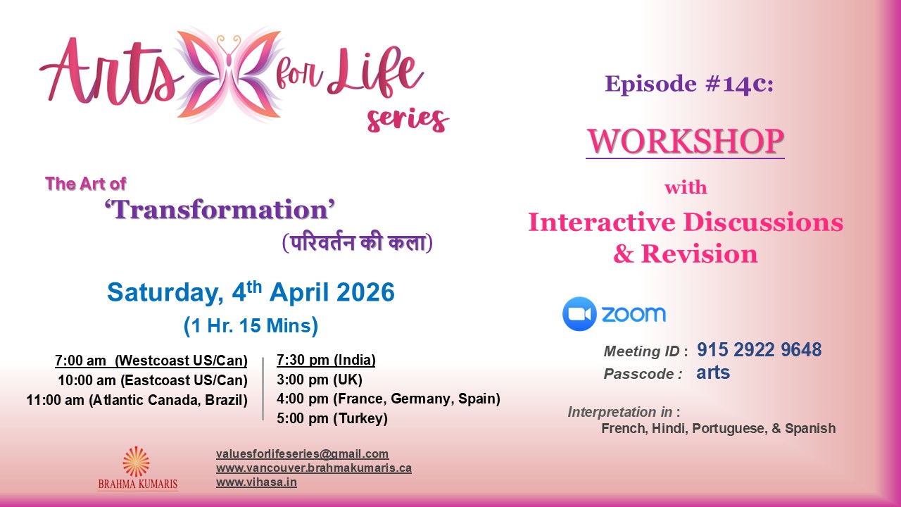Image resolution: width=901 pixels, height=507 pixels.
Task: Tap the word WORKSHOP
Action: tap(685, 141)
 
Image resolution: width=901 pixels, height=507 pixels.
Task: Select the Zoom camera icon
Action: tap(579, 314)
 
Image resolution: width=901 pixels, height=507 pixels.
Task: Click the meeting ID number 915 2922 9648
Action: tap(759, 350)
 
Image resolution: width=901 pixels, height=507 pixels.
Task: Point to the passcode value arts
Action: tap(713, 373)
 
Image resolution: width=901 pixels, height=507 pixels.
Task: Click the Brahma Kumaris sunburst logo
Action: tap(137, 461)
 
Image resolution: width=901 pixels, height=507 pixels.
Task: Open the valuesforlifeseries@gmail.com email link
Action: tap(302, 454)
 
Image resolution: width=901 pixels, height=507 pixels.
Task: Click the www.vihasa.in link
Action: tap(256, 482)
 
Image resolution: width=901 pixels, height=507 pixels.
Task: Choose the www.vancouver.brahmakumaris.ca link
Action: tap(313, 468)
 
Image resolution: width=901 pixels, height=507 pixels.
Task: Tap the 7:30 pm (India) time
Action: tap(326, 361)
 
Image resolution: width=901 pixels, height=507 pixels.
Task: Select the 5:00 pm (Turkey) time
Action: tap(332, 419)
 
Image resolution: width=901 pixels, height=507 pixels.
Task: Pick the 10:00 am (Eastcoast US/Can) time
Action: tap(153, 381)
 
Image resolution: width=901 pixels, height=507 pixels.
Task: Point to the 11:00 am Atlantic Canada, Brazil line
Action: tap(137, 401)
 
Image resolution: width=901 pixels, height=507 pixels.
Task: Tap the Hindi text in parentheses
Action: tap(357, 243)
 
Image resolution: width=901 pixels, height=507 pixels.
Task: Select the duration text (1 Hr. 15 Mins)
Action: tap(251, 326)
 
